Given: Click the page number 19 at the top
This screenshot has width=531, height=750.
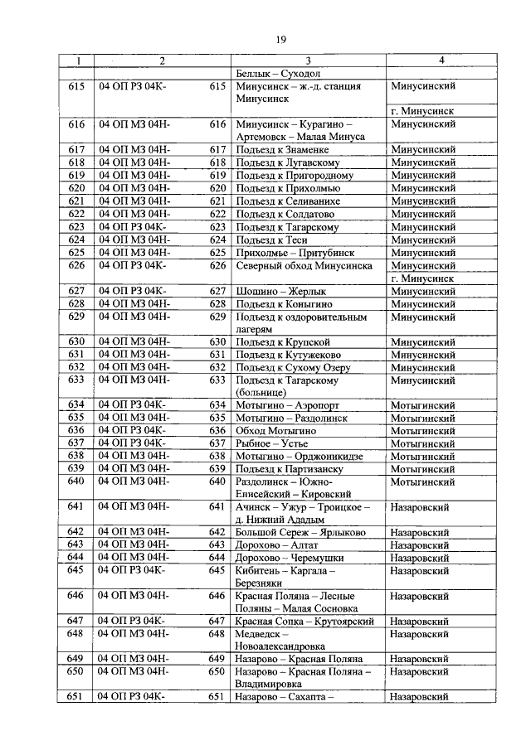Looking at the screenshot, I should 280,39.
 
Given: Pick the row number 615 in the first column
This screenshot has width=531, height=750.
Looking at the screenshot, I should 76,85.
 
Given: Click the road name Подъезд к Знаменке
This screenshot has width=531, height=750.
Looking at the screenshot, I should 283,150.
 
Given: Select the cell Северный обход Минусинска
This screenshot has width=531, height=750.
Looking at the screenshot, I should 304,266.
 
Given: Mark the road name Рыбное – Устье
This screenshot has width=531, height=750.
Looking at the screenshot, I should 272,443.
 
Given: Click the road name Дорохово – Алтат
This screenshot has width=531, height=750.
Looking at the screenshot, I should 277,545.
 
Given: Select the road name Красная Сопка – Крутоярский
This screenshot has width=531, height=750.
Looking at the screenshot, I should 305,621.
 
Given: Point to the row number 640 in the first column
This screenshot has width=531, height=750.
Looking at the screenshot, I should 76,481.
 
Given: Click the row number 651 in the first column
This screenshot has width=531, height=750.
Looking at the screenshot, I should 76,697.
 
